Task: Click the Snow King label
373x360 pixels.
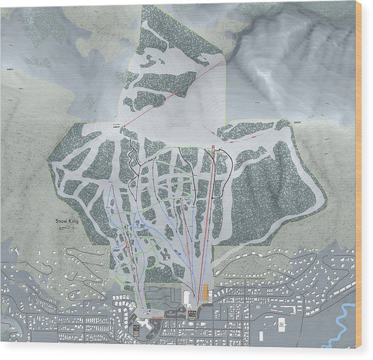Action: tap(67, 221)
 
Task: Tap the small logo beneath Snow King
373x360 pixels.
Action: tap(67, 229)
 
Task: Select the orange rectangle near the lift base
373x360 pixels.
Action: tap(207, 293)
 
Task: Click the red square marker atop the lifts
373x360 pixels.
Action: tap(214, 146)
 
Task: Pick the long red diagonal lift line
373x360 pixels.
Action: tap(173, 93)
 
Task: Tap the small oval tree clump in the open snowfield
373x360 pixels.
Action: tap(90, 102)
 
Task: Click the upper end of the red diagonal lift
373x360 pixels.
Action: tap(222, 61)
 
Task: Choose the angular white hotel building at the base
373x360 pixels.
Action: tap(143, 323)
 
